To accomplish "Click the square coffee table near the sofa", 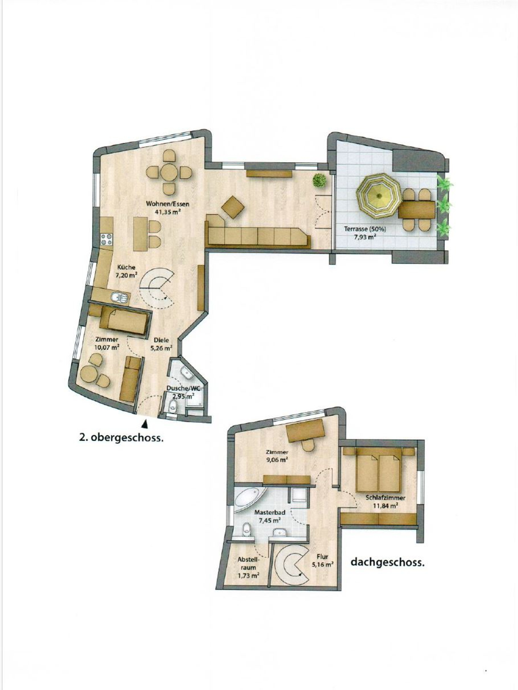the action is [233, 206].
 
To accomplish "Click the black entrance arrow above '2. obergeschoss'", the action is [144, 424].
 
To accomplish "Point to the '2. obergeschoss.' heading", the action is [122, 438].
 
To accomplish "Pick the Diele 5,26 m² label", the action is [162, 344].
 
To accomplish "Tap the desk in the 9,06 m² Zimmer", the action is [306, 431].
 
